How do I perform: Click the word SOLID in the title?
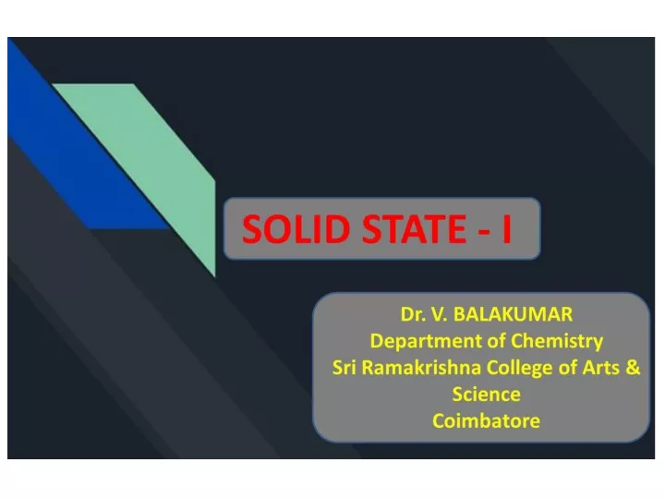click(x=296, y=229)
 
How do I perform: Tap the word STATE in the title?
click(x=415, y=229)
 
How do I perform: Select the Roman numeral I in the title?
click(x=507, y=229)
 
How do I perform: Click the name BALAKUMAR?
click(x=514, y=314)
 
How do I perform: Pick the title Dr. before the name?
click(x=413, y=314)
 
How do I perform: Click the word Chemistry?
click(x=557, y=342)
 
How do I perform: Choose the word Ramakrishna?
click(x=421, y=368)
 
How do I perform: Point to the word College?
click(x=519, y=369)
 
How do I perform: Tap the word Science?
click(x=487, y=395)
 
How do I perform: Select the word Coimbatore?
click(x=487, y=421)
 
